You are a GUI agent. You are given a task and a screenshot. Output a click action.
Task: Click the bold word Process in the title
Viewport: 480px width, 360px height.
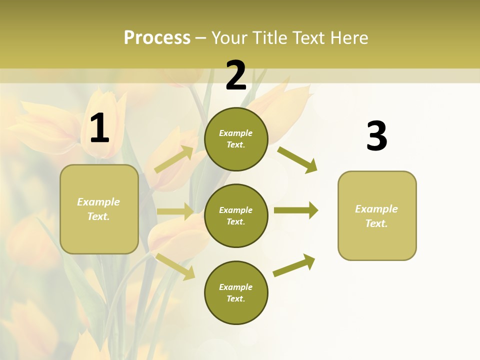(x=157, y=38)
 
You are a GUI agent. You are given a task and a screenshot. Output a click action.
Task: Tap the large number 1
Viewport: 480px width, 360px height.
(x=99, y=128)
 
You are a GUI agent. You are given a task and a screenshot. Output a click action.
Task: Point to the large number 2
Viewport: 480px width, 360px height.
(x=236, y=75)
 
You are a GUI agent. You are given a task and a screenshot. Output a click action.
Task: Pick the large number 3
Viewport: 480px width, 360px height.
(x=376, y=136)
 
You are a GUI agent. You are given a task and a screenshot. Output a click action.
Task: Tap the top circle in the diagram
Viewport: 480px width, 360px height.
(x=236, y=139)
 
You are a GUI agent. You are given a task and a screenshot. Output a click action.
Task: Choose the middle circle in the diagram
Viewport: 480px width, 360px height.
(x=236, y=215)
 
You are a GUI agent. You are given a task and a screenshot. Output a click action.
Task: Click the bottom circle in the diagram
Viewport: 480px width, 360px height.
(x=236, y=292)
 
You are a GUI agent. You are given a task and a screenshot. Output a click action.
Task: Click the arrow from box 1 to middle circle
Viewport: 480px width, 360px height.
(x=175, y=211)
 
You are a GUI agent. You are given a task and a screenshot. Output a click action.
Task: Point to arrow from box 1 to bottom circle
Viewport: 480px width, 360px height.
(x=175, y=266)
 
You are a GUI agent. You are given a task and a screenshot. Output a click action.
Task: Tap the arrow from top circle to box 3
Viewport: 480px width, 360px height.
(x=297, y=159)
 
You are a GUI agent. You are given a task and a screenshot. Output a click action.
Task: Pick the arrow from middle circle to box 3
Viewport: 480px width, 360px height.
(x=296, y=210)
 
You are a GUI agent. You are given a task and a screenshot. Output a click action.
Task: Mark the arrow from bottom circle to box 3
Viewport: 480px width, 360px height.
(x=294, y=265)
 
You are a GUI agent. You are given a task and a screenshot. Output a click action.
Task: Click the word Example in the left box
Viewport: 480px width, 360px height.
(x=98, y=202)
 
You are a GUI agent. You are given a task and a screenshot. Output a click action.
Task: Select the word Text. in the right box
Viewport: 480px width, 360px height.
(x=376, y=223)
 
